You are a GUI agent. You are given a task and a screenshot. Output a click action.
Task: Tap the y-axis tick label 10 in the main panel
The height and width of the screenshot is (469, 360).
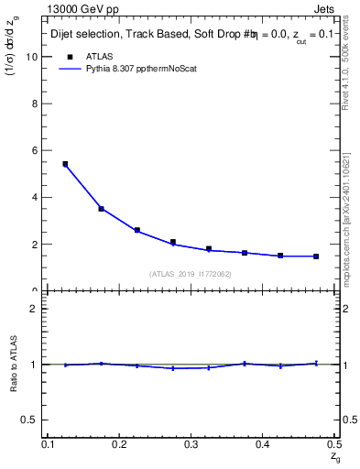[x=33, y=57]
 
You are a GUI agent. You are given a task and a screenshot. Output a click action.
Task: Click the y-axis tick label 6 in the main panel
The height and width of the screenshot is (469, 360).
[x=36, y=150]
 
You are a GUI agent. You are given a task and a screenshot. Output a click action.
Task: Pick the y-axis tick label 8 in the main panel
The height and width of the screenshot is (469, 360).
[x=36, y=104]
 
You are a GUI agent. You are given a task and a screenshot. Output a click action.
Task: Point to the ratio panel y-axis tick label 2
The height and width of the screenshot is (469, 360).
[x=36, y=309]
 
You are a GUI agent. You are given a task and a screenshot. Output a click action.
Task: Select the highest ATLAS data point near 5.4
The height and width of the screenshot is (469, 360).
[x=65, y=164]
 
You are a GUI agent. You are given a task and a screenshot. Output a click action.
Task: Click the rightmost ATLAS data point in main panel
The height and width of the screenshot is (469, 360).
[x=316, y=256]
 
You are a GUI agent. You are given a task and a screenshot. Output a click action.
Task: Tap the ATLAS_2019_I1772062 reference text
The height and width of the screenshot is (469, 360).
[x=191, y=274]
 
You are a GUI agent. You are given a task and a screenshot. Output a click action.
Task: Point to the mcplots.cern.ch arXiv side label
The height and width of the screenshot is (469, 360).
[x=345, y=211]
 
